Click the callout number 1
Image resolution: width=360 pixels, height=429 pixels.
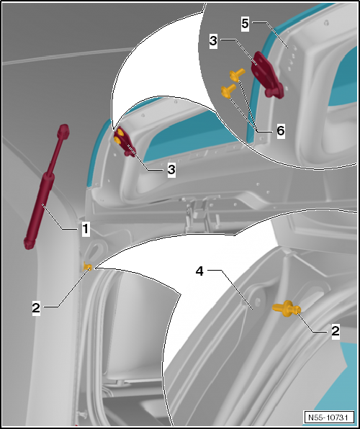coord(85,230)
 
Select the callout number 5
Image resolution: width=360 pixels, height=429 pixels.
coord(244,23)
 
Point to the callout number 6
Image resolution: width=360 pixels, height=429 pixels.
coord(281,132)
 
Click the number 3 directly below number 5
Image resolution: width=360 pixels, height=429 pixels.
coord(213,42)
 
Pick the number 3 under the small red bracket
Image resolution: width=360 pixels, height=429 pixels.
coord(171,169)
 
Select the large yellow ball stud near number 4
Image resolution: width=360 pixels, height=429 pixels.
coord(287,309)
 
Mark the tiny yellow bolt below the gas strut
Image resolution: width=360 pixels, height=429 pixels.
coord(87,268)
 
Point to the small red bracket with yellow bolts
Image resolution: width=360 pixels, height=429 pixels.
coord(126,143)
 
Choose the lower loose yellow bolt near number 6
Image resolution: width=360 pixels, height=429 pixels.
coord(225,91)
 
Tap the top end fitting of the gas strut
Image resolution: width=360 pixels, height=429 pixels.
coord(64,130)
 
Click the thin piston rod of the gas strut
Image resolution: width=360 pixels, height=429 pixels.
coord(56,155)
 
